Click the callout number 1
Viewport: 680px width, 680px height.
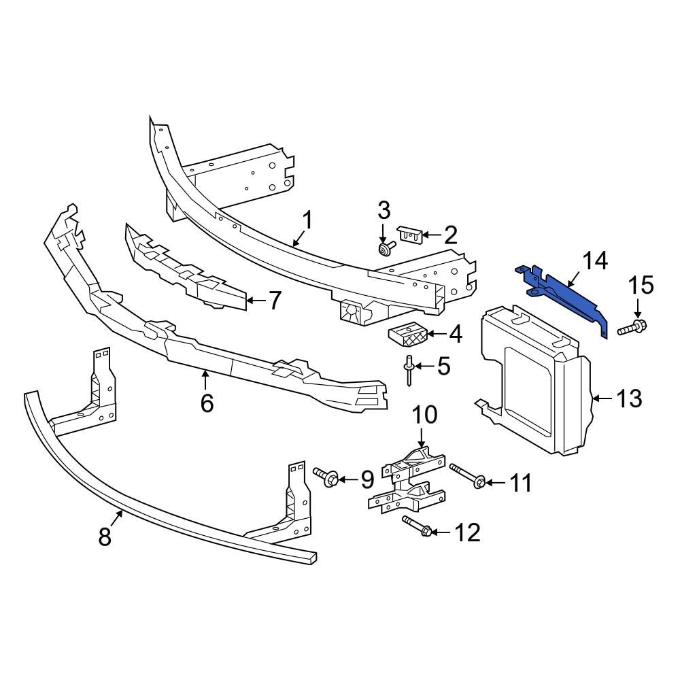[x=307, y=220]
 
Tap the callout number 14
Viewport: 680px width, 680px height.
[x=595, y=261]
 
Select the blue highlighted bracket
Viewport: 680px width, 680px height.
[x=568, y=293]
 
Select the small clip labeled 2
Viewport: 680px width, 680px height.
[x=407, y=234]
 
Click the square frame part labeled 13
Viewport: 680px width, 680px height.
[x=534, y=381]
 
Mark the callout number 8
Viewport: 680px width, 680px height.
[x=104, y=536]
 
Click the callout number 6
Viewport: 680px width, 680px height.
[x=207, y=403]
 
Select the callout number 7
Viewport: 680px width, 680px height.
[x=275, y=301]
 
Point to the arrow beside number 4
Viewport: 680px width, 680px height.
[x=437, y=334]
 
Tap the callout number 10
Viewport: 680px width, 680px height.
[x=425, y=415]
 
